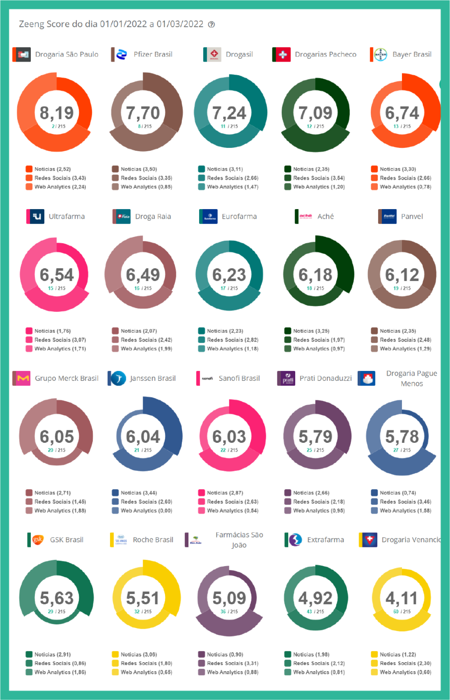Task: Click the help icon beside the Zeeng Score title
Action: click(x=211, y=25)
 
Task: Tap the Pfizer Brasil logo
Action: click(x=121, y=55)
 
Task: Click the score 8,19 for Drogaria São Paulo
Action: click(x=56, y=113)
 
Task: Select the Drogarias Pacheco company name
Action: click(x=325, y=55)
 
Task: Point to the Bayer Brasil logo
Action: click(x=381, y=55)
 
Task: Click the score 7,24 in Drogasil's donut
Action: click(x=229, y=113)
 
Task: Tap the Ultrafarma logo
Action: click(x=36, y=217)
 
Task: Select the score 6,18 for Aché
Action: click(x=315, y=275)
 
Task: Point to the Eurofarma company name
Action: click(x=239, y=217)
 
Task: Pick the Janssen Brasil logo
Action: click(x=118, y=378)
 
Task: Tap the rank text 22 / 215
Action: click(x=229, y=450)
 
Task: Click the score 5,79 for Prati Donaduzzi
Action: click(x=315, y=437)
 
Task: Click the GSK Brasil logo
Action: click(x=37, y=540)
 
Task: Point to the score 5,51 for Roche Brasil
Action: click(x=143, y=598)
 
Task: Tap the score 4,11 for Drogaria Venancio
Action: click(x=402, y=598)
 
